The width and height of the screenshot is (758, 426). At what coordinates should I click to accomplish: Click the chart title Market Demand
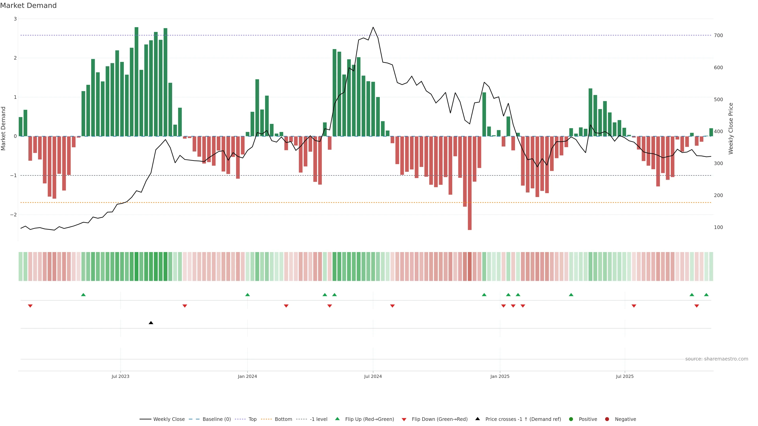28,6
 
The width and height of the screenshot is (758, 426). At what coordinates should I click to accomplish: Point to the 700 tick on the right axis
718,35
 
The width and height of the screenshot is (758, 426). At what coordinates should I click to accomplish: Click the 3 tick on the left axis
15,19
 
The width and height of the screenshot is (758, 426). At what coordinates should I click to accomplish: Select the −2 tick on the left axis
14,215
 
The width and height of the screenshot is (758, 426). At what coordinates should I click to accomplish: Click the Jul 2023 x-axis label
120,376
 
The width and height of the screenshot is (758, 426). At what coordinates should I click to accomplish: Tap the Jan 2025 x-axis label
500,376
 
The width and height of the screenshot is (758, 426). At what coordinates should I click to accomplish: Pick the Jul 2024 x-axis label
373,376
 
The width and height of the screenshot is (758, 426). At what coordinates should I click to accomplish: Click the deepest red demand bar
470,183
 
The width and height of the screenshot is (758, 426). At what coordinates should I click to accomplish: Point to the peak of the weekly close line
373,27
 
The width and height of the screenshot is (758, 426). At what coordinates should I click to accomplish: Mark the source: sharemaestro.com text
717,359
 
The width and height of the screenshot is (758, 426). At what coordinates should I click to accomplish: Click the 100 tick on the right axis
718,227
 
